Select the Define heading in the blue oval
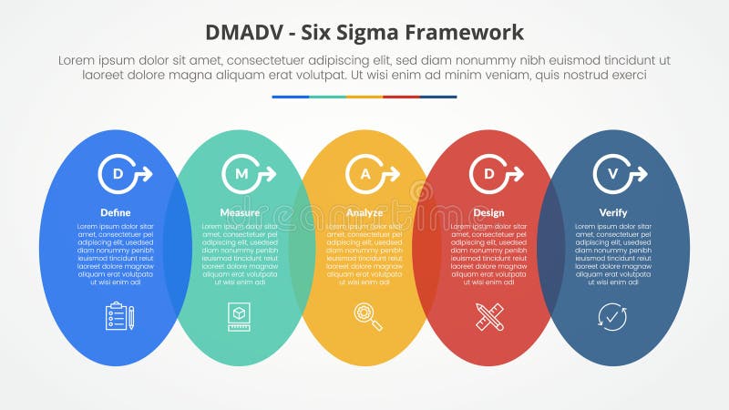tap(116, 212)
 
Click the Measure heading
tap(240, 212)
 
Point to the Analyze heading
tap(364, 212)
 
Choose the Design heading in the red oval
tap(488, 212)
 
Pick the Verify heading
tap(612, 212)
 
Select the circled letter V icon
tap(614, 174)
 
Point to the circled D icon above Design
tap(490, 174)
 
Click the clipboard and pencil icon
tap(119, 316)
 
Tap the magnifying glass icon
tap(368, 315)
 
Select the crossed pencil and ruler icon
tap(489, 316)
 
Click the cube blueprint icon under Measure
tap(240, 316)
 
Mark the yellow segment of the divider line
tap(364, 97)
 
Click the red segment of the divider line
tap(401, 97)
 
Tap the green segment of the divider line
tap(327, 97)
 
